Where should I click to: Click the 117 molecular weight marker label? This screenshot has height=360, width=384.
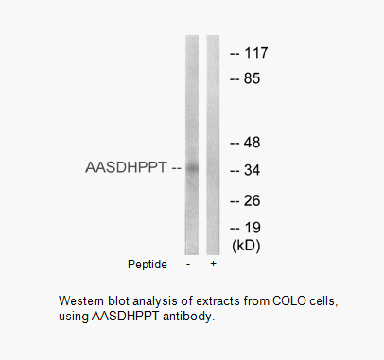tap(256, 53)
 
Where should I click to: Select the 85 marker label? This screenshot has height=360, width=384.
tap(252, 78)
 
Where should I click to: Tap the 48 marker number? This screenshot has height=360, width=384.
tap(252, 143)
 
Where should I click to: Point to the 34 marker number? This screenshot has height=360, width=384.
tap(252, 170)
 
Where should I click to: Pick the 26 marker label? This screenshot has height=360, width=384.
tap(252, 200)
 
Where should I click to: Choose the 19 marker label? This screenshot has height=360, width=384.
tap(253, 228)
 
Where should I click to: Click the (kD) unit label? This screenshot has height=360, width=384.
tap(246, 246)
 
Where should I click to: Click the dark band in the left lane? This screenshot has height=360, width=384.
tap(192, 168)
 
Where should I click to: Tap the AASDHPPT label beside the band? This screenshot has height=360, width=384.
tap(126, 167)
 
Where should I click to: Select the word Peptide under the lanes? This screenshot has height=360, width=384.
tap(148, 265)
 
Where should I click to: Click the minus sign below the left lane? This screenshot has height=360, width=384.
tap(188, 264)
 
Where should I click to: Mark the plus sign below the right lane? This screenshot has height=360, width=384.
tap(213, 263)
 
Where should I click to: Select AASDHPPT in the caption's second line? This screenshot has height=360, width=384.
tap(126, 316)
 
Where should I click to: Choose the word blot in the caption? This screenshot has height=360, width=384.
tap(118, 300)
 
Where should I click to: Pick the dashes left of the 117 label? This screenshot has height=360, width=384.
tap(235, 54)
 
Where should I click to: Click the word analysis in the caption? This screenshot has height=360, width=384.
tap(155, 301)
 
